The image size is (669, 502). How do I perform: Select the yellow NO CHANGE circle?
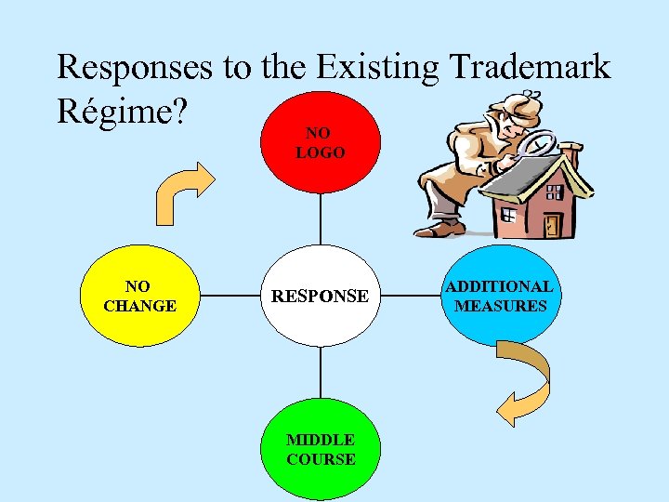click(139, 297)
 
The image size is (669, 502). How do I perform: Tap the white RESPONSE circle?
click(321, 297)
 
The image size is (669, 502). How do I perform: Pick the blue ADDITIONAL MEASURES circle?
click(502, 297)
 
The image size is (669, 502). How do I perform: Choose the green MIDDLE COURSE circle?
click(321, 450)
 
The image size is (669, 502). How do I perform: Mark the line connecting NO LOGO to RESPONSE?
click(321, 219)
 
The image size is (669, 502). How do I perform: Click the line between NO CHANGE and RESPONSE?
click(230, 297)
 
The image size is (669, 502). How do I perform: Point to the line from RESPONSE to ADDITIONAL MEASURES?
click(412, 297)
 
